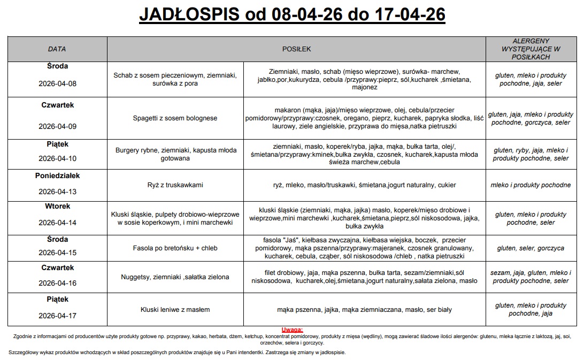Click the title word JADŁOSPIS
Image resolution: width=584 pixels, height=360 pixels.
tap(189, 14)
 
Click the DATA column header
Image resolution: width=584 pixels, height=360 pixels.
tap(57, 49)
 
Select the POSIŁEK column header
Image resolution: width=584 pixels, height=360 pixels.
tap(296, 49)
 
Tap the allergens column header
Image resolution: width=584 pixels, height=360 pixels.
tap(531, 49)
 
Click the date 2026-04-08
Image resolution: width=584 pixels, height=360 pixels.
tap(57, 84)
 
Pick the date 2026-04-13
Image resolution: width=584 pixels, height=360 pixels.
tap(57, 192)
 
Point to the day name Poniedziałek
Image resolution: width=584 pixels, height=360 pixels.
tap(57, 175)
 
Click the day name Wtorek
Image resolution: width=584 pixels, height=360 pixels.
tap(57, 206)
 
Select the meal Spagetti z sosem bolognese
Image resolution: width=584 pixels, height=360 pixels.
tap(175, 118)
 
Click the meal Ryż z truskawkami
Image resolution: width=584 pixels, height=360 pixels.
tap(175, 185)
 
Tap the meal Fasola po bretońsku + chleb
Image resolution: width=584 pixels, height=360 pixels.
tap(175, 248)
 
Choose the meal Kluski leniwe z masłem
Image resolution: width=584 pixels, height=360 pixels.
tap(175, 309)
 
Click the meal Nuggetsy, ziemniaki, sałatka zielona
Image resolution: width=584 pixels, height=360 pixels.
tap(175, 277)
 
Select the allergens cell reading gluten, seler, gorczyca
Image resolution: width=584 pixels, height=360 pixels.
tap(531, 248)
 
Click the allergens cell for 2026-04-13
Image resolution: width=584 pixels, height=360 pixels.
tap(531, 185)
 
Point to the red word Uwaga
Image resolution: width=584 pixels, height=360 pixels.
tap(292, 330)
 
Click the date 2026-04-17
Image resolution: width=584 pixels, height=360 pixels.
tap(57, 316)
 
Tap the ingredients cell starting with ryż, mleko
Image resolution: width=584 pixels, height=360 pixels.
tap(364, 185)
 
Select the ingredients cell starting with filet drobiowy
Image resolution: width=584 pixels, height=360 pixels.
tap(364, 277)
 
